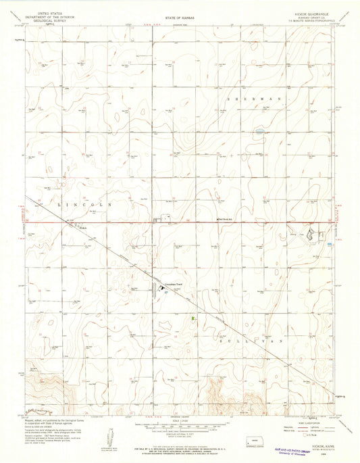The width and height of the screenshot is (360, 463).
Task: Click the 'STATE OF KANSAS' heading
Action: pyautogui.click(x=180, y=14)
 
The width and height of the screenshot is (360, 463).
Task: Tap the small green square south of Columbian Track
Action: pyautogui.click(x=195, y=316)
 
